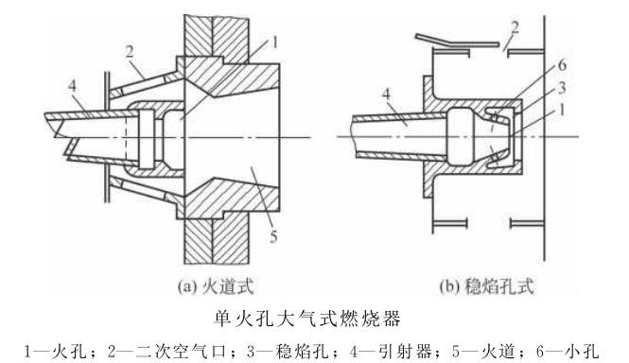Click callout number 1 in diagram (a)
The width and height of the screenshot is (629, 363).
click(274, 43)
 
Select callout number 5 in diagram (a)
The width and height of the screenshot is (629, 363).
click(273, 236)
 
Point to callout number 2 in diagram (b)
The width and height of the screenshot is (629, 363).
click(515, 27)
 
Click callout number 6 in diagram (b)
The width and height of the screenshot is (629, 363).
click(563, 65)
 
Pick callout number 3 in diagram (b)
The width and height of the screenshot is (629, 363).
click(563, 87)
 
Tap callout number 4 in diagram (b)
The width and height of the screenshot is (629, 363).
click(386, 95)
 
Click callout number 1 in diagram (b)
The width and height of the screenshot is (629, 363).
click(562, 110)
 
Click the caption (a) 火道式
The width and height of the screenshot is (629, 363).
click(216, 287)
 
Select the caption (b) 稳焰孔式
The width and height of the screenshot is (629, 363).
click(486, 287)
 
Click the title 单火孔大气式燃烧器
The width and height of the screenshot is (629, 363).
click(306, 319)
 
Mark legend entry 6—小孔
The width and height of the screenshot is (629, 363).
click(568, 352)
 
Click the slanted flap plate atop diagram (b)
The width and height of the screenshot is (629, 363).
click(457, 41)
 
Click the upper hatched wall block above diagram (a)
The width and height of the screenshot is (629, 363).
click(217, 40)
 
